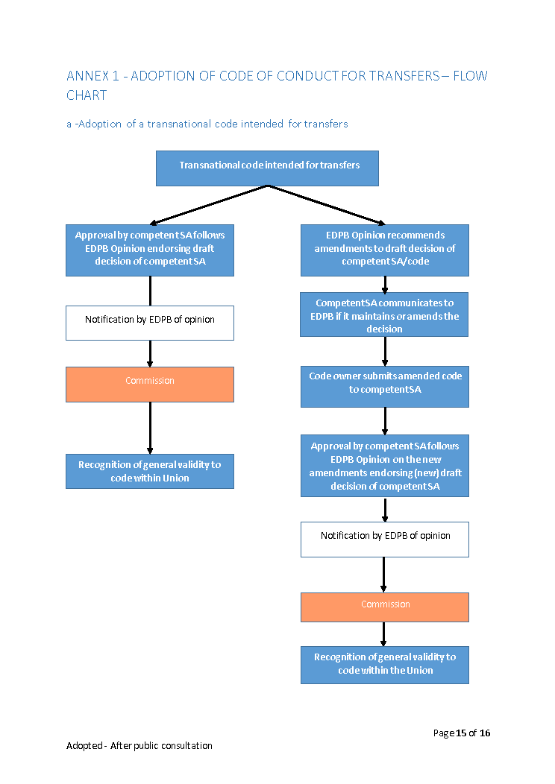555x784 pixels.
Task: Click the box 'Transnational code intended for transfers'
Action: (x=267, y=168)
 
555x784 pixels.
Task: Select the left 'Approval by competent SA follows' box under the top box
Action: (x=150, y=250)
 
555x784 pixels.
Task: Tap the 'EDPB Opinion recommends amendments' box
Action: (x=385, y=250)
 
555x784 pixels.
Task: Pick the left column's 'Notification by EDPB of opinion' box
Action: (x=150, y=323)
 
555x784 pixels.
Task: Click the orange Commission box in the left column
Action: (x=150, y=385)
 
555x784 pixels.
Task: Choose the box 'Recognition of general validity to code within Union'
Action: (x=150, y=472)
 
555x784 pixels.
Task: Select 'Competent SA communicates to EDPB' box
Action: (x=384, y=314)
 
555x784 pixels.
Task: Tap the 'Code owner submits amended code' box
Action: (x=385, y=387)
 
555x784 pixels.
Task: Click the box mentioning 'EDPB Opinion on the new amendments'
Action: (x=385, y=466)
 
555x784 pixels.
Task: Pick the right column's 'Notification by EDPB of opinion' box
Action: (x=385, y=540)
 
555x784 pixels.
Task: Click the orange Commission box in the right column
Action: (x=385, y=607)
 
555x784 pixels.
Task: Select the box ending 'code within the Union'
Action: (x=385, y=665)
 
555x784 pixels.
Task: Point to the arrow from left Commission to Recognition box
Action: (x=150, y=428)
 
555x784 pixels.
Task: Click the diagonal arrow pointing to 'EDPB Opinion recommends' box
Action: (x=327, y=205)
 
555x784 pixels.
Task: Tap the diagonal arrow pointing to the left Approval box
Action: (x=209, y=205)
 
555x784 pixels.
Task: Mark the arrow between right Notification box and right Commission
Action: (x=383, y=575)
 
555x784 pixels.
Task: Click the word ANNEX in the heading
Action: (x=87, y=76)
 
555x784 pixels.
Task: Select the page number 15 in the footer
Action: (x=461, y=733)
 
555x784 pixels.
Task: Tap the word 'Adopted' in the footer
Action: (x=84, y=745)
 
